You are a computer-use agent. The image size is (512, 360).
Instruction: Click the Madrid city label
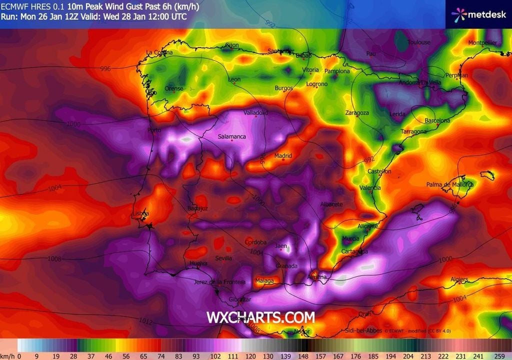coord(283,156)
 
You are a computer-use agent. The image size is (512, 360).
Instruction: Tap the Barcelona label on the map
coord(437,120)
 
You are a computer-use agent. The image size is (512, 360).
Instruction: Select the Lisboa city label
coord(140,213)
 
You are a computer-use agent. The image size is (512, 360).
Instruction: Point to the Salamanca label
coord(231,136)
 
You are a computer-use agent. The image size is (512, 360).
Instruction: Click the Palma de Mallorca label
coord(449,184)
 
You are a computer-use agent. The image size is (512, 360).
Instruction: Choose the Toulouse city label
coord(418,42)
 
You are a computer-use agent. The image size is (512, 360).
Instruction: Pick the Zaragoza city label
coord(357,113)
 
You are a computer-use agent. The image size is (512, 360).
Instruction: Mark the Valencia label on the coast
coord(370,188)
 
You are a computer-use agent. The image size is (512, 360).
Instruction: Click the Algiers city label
coord(459,279)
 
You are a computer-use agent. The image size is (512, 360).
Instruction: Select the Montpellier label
coord(482,43)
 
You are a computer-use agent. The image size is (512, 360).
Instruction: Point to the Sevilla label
coord(223,258)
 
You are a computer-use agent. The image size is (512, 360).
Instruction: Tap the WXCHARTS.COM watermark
coord(260,317)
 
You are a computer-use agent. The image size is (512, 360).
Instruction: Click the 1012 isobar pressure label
coord(145,320)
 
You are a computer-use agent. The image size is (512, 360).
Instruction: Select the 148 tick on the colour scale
coord(302,356)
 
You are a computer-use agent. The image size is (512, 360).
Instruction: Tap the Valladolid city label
coord(255,113)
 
